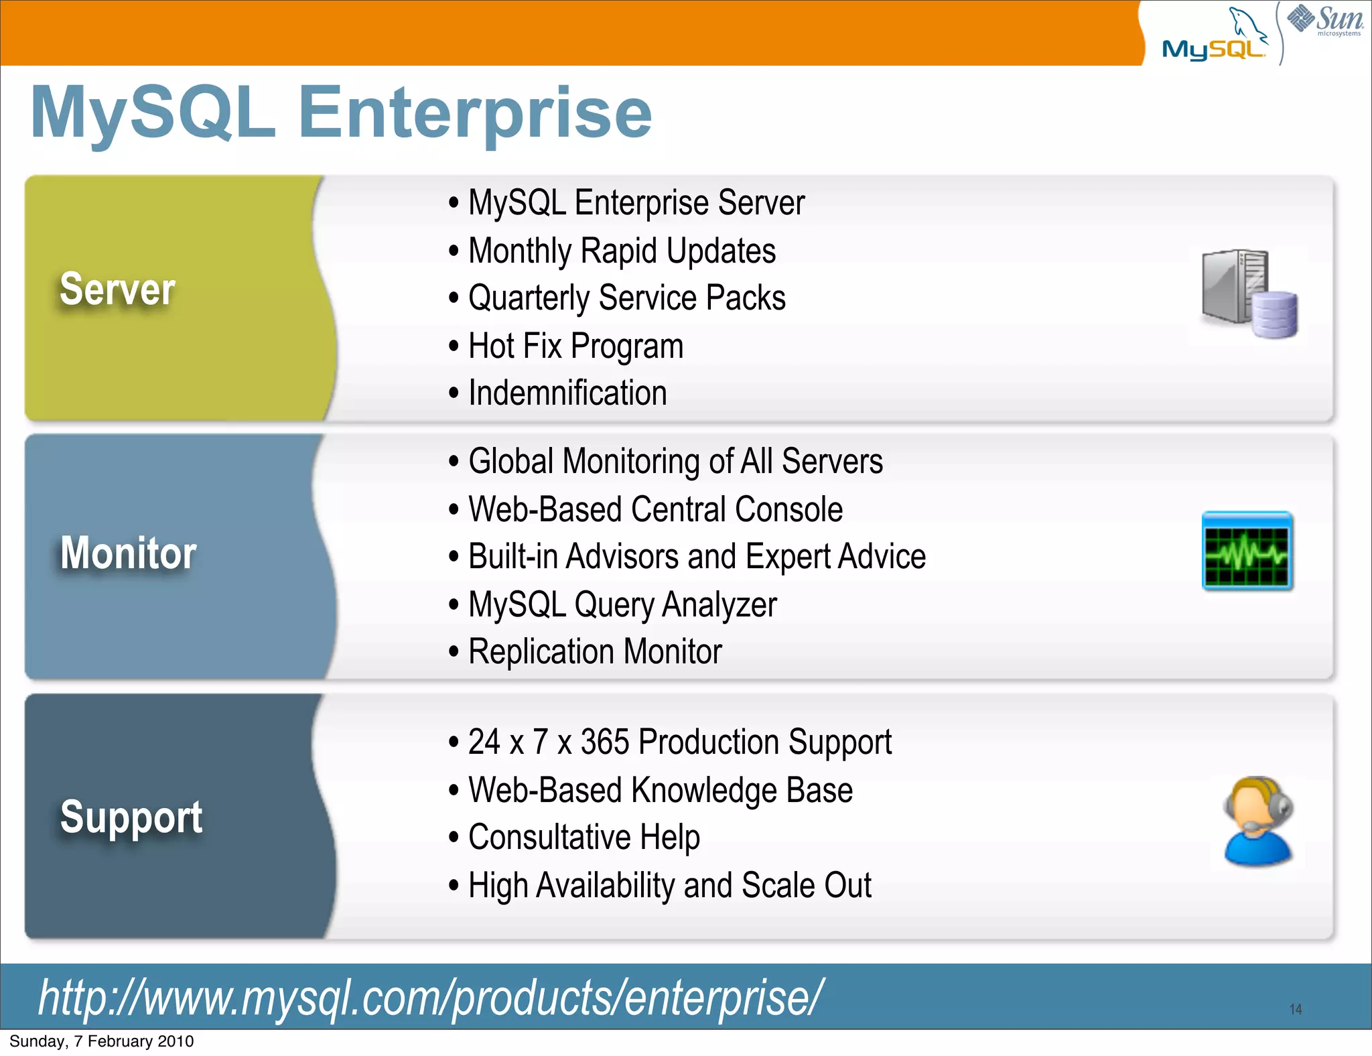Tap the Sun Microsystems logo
coord(1325,20)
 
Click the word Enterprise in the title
coord(474,113)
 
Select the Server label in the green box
coord(117,289)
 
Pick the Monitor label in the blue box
coord(128,553)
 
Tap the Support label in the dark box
coord(131,817)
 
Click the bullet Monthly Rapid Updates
coord(621,251)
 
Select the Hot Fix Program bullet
coord(575,346)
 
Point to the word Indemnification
coord(567,393)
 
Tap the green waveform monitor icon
coord(1247,551)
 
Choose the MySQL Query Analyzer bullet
coord(622,604)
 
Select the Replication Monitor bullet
coord(595,652)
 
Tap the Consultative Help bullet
coord(584,838)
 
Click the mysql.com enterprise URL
coord(430,998)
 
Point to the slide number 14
coord(1296,1009)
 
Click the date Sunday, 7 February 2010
coord(101,1041)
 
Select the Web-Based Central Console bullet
coord(655,509)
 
